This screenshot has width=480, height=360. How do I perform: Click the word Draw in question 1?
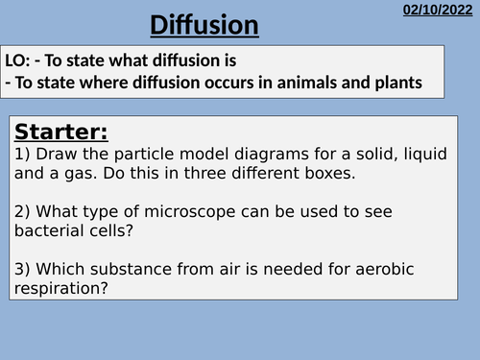[x=58, y=153]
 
